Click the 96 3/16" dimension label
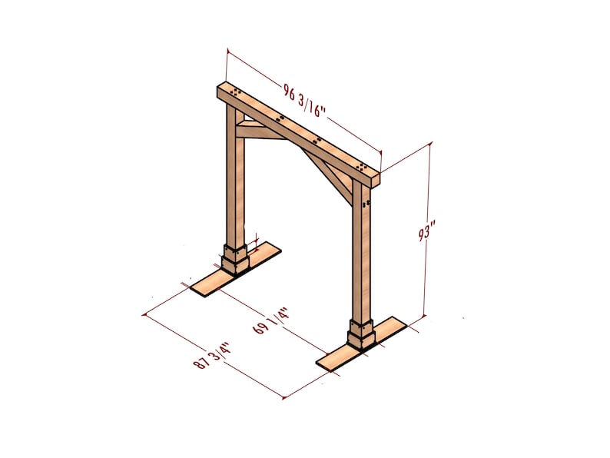305,103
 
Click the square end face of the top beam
376,178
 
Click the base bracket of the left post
236,258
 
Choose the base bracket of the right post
360,333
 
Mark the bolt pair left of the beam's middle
282,118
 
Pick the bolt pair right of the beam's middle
318,140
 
